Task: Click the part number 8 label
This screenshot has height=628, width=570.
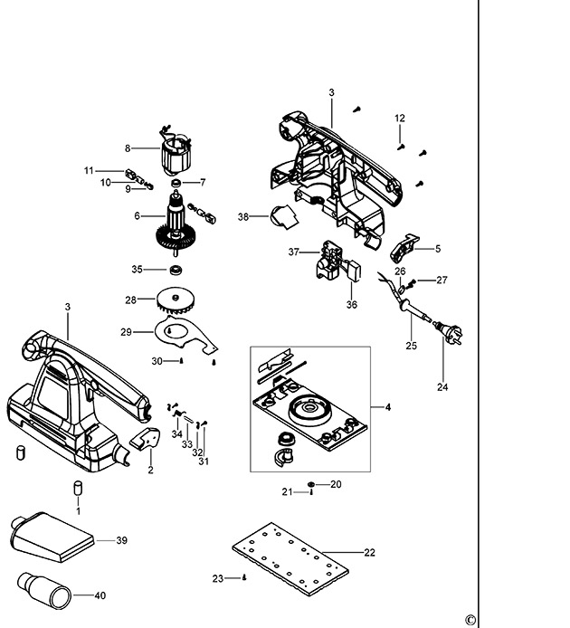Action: (x=128, y=147)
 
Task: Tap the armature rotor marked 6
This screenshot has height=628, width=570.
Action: (x=177, y=222)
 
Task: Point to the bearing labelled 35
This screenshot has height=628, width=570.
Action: (x=176, y=269)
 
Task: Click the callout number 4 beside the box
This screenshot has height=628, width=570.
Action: (x=387, y=409)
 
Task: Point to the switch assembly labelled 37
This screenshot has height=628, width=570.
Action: (x=331, y=261)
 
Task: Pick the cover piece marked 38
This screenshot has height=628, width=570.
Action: (x=283, y=218)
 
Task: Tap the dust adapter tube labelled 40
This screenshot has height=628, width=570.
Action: (x=43, y=592)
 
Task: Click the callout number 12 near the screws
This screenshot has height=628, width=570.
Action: (x=400, y=119)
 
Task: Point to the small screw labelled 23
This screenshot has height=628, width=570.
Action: (x=243, y=577)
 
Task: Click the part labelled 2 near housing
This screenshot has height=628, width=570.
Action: (x=144, y=441)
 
